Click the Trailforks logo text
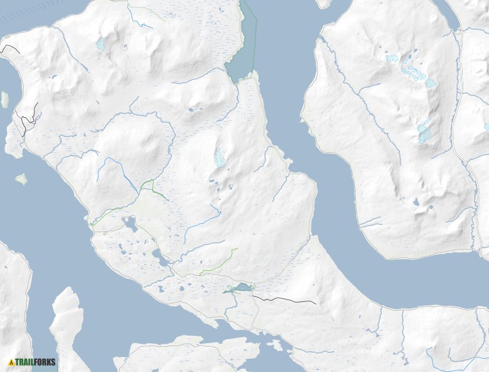pyautogui.click(x=36, y=362)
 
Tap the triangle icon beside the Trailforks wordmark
pyautogui.click(x=11, y=362)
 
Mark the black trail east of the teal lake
pyautogui.click(x=285, y=300)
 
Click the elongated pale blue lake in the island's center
pyautogui.click(x=219, y=158)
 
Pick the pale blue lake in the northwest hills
pyautogui.click(x=101, y=44)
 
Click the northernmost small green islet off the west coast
pyautogui.click(x=5, y=99)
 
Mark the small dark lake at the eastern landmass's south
pyautogui.click(x=416, y=202)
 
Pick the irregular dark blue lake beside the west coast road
pyautogui.click(x=131, y=224)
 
